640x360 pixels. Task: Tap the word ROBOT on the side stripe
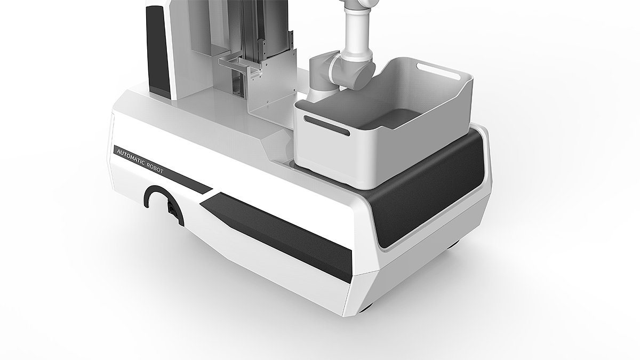tap(155, 169)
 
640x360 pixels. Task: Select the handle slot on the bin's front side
tap(326, 126)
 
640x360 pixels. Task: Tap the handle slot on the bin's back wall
tap(438, 71)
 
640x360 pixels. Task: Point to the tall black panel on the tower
tap(157, 49)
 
